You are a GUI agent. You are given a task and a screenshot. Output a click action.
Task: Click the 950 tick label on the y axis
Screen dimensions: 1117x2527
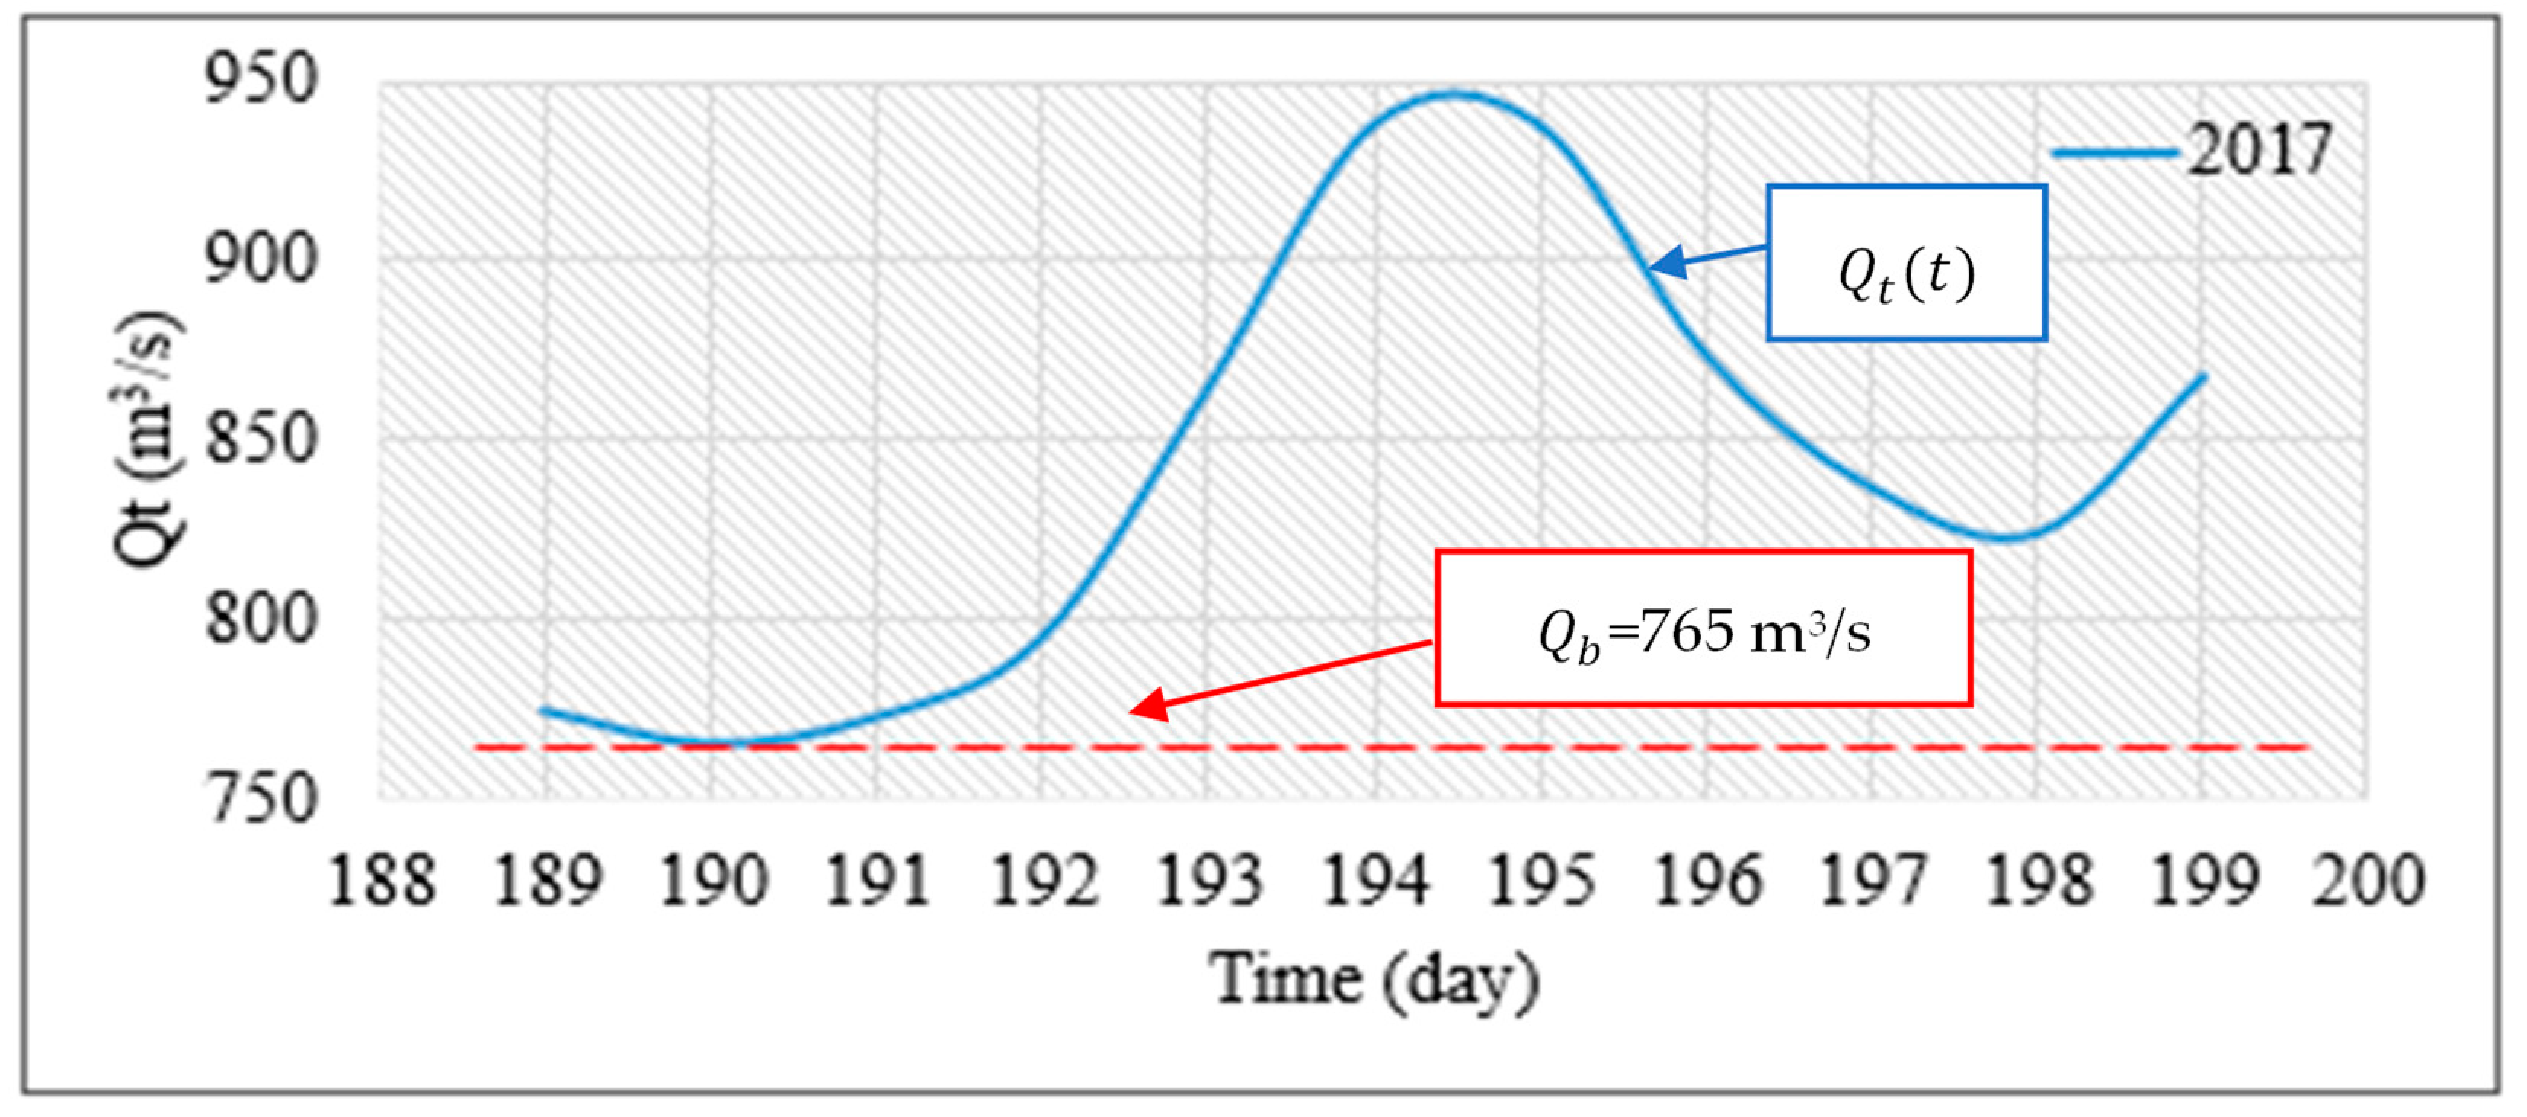261,78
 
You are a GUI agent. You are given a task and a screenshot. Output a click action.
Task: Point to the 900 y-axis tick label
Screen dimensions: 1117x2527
261,259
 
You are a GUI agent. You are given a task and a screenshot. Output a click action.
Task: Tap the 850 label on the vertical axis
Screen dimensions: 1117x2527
261,438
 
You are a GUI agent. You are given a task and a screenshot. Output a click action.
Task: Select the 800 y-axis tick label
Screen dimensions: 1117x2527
261,619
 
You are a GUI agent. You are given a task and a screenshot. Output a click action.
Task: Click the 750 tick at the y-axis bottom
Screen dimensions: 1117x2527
261,799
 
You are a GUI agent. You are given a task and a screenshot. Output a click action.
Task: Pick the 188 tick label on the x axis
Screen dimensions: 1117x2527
382,880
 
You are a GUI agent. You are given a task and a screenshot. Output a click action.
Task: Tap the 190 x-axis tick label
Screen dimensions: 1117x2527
713,880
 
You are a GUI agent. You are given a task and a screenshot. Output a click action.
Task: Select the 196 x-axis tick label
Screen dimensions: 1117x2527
1708,880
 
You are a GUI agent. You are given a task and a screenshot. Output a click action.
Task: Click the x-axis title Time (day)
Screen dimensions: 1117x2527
1374,979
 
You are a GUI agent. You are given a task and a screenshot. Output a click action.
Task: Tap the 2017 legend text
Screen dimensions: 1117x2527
2259,150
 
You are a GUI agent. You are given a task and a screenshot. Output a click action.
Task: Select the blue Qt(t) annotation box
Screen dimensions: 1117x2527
1906,263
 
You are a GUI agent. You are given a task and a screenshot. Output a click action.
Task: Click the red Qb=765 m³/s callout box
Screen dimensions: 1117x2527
1703,628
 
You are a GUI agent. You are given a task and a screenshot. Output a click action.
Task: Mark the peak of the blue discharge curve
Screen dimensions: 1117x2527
1457,94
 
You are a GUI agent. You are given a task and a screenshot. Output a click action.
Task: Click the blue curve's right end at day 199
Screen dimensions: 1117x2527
2203,376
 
